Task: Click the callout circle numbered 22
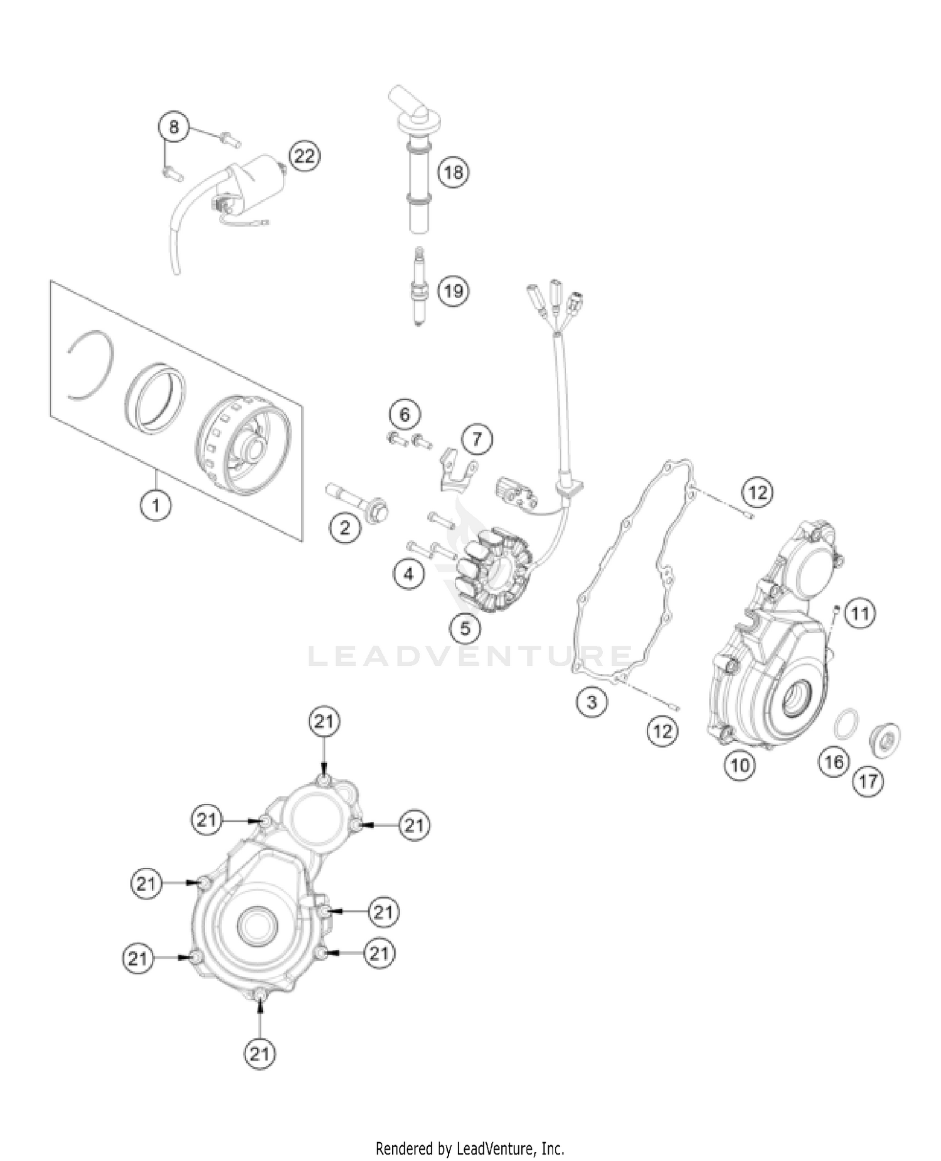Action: tap(304, 156)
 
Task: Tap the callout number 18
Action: tap(453, 171)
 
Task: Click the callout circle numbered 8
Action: tap(173, 127)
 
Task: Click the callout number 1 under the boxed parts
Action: tap(156, 504)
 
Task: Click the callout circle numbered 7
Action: tap(477, 439)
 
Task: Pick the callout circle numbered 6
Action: tap(405, 414)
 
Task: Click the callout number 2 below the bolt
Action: tap(345, 527)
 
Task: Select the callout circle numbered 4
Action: tap(409, 574)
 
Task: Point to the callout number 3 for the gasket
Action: tap(592, 702)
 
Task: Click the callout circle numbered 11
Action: tap(859, 613)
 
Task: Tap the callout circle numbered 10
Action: tap(740, 765)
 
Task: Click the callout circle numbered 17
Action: tap(868, 781)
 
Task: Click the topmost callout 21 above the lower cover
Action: tap(324, 722)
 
